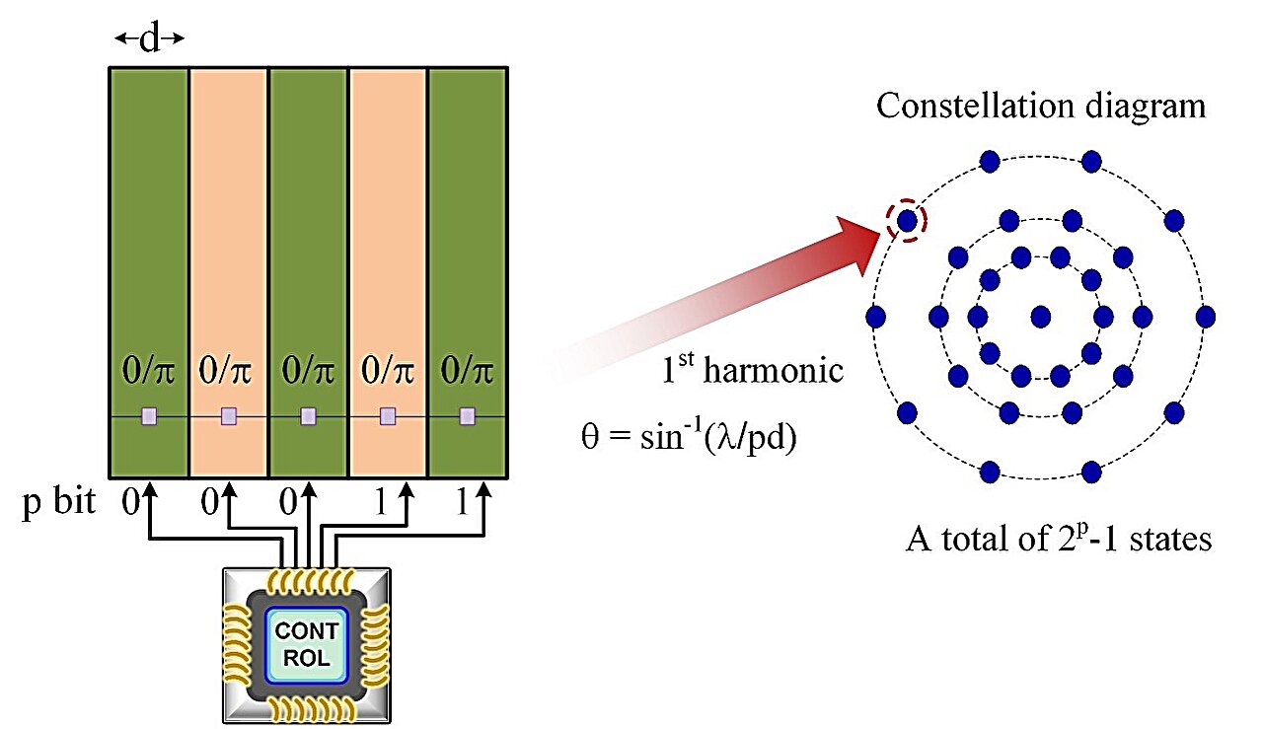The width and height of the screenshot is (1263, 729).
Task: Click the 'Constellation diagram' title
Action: click(1041, 106)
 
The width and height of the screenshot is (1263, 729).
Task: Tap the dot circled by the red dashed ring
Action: click(907, 220)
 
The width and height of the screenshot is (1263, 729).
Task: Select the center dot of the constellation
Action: click(1040, 316)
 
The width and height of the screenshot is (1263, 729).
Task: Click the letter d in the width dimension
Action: click(149, 38)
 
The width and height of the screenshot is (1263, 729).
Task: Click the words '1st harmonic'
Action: click(753, 371)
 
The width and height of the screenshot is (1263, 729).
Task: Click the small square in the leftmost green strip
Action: click(148, 416)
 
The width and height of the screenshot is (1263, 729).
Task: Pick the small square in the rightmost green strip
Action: click(467, 416)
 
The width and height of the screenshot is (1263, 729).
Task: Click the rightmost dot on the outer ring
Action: click(1205, 317)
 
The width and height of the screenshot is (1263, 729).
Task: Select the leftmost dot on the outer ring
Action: click(875, 317)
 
